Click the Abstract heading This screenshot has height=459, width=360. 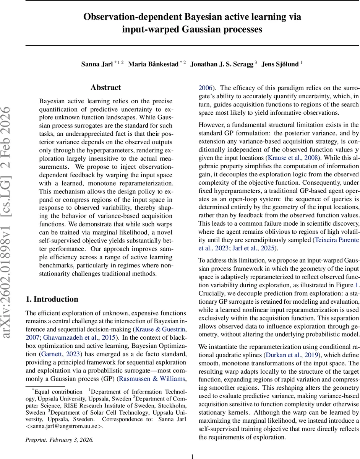[105, 88]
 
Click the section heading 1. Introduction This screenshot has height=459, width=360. [52, 299]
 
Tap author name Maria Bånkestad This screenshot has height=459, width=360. [153, 64]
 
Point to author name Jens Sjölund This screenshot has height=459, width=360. [280, 64]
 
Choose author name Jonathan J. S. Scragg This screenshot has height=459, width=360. [222, 64]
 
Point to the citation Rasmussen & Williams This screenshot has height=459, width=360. [152, 379]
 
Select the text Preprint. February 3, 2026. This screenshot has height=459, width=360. [60, 429]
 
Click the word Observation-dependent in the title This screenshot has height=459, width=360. [131, 17]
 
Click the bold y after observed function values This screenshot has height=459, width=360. [357, 150]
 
